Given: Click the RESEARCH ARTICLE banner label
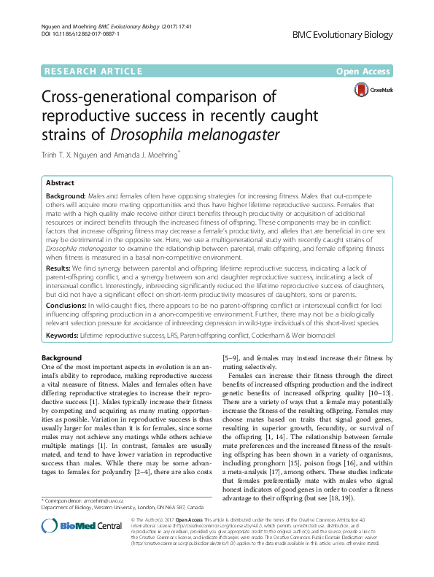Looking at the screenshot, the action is tap(93, 71).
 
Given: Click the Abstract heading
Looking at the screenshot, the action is tap(61, 183).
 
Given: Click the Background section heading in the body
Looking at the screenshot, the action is tap(61, 358).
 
